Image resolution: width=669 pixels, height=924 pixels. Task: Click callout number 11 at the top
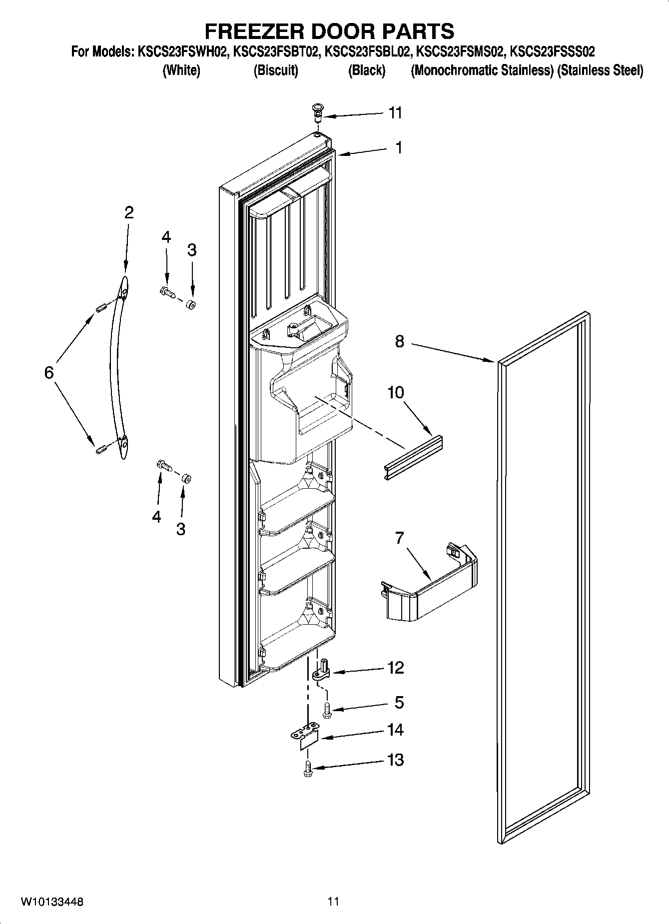pos(395,113)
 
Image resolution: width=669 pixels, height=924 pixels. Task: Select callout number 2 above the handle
pos(128,213)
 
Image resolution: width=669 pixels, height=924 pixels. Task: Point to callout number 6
pos(49,372)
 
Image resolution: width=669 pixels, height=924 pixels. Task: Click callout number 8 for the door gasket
pos(399,342)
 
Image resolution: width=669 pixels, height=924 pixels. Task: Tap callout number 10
pos(395,392)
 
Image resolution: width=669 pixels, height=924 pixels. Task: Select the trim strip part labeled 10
pos(414,456)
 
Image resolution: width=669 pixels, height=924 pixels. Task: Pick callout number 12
pos(395,668)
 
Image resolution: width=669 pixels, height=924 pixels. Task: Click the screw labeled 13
pos(308,769)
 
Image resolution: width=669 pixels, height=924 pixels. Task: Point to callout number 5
pos(399,702)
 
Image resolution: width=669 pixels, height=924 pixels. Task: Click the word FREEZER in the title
pos(255,31)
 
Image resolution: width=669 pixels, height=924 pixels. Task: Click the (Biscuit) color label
pos(276,70)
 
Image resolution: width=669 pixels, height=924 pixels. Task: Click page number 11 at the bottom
pos(333,902)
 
